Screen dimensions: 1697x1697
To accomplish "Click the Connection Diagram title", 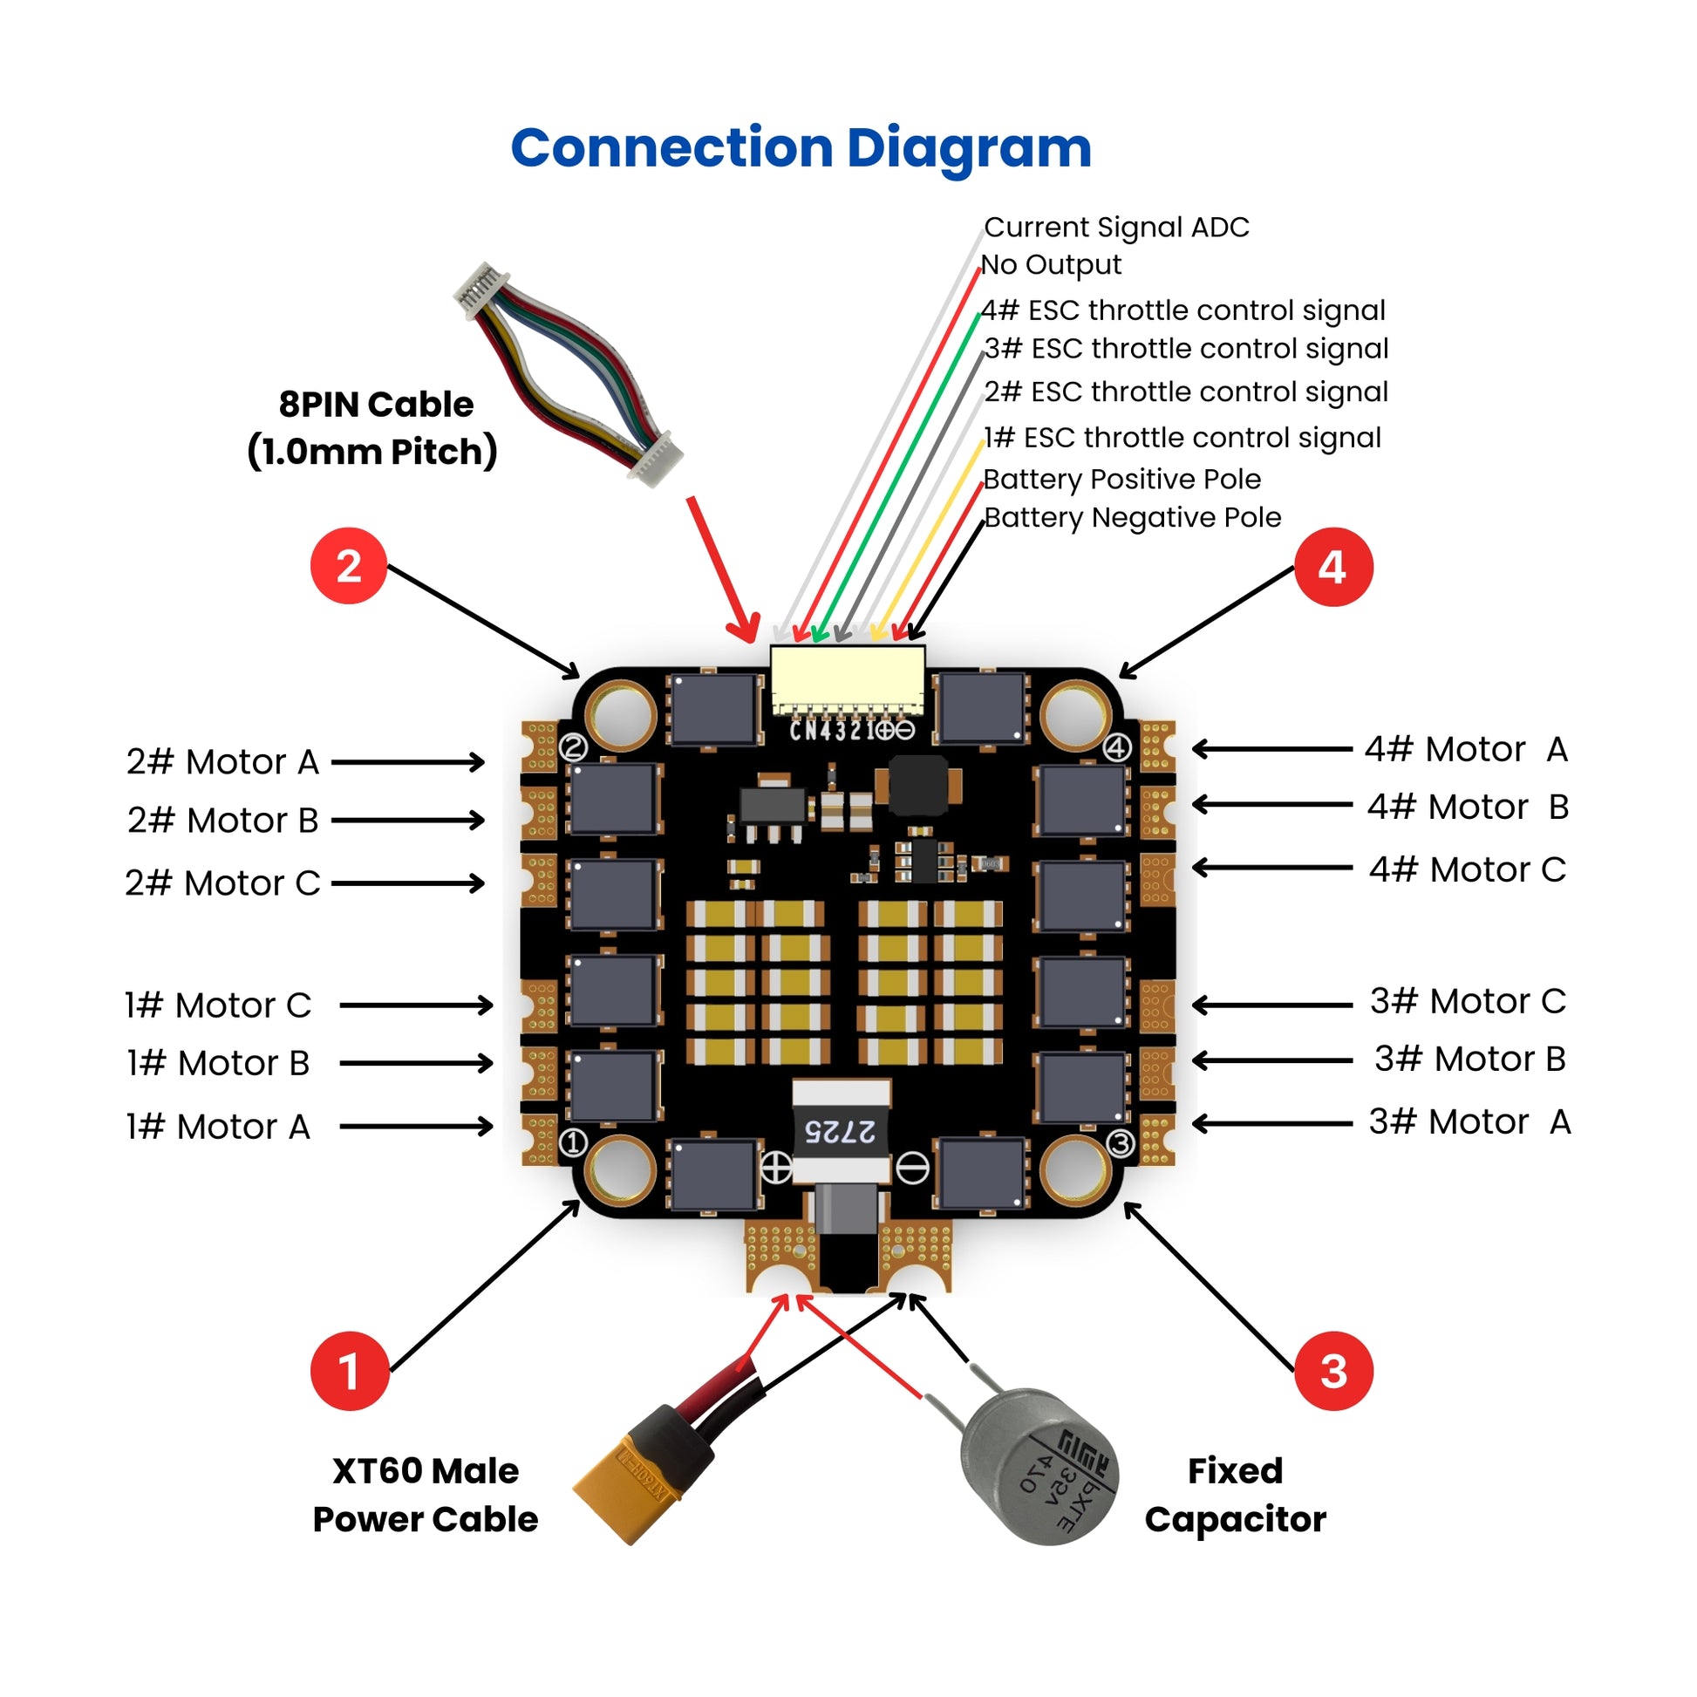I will (801, 147).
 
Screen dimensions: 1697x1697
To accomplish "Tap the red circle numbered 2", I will (349, 566).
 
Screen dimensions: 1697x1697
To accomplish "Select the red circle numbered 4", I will (1332, 567).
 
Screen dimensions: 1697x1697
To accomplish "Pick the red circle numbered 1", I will (349, 1371).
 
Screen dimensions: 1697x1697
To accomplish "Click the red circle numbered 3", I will (1333, 1371).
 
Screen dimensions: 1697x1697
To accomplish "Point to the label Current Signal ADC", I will (1115, 227).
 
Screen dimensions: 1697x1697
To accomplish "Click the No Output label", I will (1051, 264).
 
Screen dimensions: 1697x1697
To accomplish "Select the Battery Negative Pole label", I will (1131, 517).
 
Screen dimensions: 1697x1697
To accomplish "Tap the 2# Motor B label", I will (222, 821).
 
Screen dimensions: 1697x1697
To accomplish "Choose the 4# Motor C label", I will (1467, 869).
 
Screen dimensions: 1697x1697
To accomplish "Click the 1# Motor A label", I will (218, 1126).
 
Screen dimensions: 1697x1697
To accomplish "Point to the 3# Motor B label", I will (1469, 1059).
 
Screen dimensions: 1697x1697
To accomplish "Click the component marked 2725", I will (841, 1130).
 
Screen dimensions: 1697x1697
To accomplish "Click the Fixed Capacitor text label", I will (1235, 1494).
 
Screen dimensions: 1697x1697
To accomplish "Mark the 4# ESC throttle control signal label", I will (1182, 310).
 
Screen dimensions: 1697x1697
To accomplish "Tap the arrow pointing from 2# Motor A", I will (407, 761).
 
